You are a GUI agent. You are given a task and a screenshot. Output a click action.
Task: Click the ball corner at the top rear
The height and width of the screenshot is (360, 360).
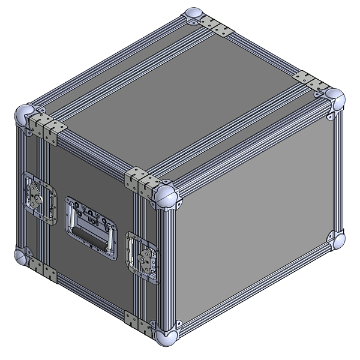coord(193,16)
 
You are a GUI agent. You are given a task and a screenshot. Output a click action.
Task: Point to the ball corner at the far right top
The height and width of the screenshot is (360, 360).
coord(334,100)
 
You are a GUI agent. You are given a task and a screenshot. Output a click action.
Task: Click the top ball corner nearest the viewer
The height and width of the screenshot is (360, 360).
coord(165,196)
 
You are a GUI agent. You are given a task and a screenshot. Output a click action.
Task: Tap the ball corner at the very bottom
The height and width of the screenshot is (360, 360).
coord(164,335)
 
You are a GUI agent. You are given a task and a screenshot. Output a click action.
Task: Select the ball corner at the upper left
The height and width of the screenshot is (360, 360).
coord(25,114)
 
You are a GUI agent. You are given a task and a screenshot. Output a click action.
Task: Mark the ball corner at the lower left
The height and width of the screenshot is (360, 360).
coord(22,256)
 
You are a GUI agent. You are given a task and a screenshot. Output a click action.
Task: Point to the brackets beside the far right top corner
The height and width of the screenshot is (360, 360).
coord(309,81)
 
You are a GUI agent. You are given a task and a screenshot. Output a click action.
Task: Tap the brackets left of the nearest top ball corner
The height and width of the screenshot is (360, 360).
coord(140,181)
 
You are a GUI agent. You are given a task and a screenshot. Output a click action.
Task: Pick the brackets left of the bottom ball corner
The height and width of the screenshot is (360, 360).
coord(140,324)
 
